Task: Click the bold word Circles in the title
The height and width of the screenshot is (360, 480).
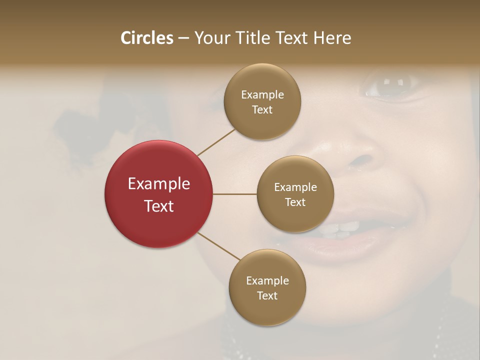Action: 146,38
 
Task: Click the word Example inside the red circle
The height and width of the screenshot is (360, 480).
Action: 158,184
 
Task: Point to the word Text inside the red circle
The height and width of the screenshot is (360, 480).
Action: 158,206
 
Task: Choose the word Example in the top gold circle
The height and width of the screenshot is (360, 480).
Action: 262,95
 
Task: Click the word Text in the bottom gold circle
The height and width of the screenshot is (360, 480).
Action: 267,295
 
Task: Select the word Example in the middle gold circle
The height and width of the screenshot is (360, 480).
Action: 295,187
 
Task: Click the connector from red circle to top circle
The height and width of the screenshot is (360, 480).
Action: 216,142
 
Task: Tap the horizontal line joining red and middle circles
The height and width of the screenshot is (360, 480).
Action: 234,194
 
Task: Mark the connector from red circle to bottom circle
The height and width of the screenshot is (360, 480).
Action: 219,246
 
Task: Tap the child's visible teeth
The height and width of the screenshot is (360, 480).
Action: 345,229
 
